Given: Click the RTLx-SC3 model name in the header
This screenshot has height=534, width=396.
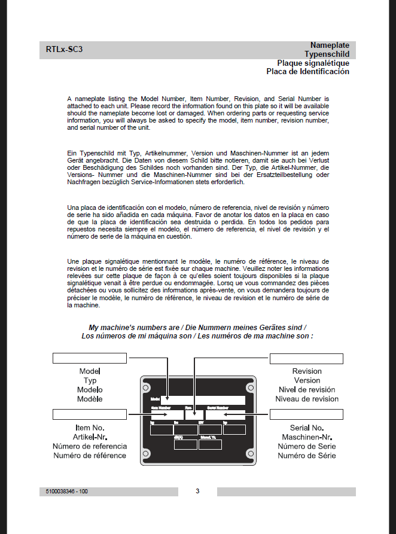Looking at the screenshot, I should tap(64, 50).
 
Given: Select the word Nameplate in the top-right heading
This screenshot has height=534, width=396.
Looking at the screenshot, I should tap(330, 45).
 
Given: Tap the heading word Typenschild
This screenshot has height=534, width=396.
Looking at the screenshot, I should tap(327, 54).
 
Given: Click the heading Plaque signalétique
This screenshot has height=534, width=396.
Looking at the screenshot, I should tap(313, 63).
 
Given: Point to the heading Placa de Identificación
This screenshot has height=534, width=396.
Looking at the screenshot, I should tap(307, 72).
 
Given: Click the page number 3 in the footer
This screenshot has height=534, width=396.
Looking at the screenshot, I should tap(197, 492).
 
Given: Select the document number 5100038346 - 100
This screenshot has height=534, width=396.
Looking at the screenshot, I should tap(67, 492).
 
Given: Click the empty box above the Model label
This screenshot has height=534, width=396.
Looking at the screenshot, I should tap(90, 358).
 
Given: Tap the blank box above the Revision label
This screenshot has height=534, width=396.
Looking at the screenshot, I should tap(306, 358).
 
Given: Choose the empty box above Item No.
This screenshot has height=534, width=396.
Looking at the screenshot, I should tap(90, 414).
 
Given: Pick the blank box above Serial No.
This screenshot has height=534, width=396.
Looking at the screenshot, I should tap(306, 414).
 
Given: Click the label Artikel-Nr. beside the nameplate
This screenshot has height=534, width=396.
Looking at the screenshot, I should tap(90, 437).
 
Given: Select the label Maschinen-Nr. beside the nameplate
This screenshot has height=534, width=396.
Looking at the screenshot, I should tap(307, 437).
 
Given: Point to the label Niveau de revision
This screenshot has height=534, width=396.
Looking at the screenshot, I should tap(307, 399).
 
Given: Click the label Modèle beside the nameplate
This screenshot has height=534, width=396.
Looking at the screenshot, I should tap(90, 399).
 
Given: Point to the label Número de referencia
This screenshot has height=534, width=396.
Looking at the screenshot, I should tap(90, 446).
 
